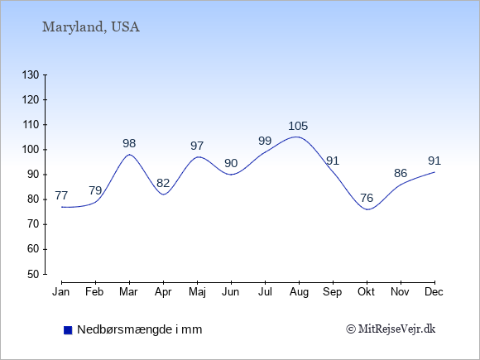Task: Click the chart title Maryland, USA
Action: [90, 27]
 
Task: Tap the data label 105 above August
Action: [298, 126]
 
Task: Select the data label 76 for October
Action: [367, 198]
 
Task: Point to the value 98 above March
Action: [129, 143]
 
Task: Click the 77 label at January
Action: [61, 195]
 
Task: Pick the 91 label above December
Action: [434, 161]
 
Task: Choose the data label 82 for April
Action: [163, 184]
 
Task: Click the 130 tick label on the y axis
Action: [31, 74]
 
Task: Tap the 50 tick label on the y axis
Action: [33, 274]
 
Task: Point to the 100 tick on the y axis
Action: [31, 150]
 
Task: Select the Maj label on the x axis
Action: [197, 292]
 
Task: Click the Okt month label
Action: [366, 292]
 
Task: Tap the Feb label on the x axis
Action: [94, 292]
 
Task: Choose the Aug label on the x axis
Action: [299, 292]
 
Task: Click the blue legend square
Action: [68, 330]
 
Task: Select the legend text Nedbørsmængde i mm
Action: [140, 329]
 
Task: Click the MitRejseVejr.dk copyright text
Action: [391, 329]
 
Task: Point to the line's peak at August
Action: [296, 137]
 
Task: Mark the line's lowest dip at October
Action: [367, 209]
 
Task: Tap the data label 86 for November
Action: [401, 174]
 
